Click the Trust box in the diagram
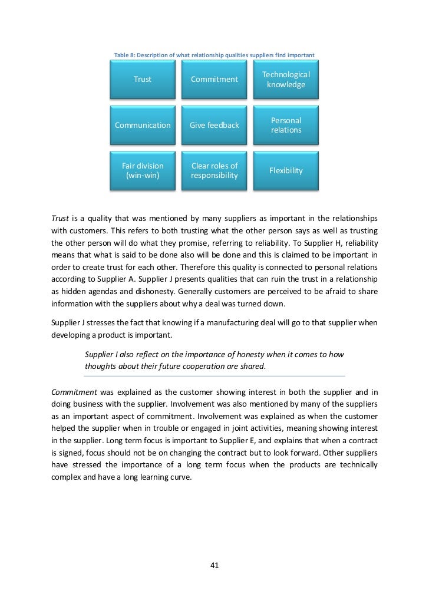click(142, 80)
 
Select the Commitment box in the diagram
click(214, 80)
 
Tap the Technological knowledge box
click(286, 80)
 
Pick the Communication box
click(142, 125)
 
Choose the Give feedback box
click(214, 125)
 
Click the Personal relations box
click(286, 125)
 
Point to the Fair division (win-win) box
click(142, 170)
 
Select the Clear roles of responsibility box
click(214, 170)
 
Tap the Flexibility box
click(286, 170)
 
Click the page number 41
click(214, 566)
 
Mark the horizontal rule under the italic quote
click(214, 375)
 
